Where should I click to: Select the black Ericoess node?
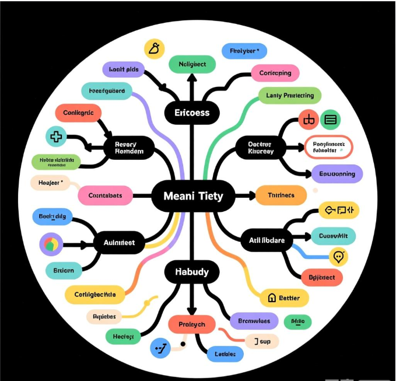pos(192,113)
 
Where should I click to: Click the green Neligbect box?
pos(192,64)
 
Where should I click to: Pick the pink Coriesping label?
pos(275,73)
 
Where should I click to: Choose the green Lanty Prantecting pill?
pos(289,95)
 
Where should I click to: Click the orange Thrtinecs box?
pos(281,196)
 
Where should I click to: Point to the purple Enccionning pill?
pos(337,174)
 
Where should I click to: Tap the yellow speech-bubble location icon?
pos(339,256)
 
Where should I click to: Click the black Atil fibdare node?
pos(267,240)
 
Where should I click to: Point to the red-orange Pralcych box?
pos(191,324)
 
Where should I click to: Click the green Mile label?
pos(297,321)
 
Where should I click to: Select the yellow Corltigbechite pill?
pos(95,295)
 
